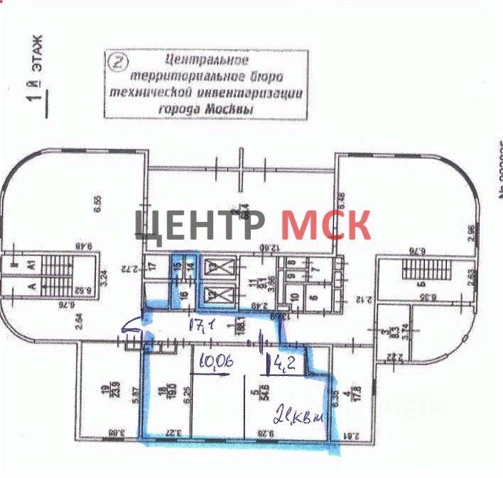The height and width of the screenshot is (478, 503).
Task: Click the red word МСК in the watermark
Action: pyautogui.click(x=325, y=224)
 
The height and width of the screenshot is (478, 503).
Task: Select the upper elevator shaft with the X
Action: pyautogui.click(x=213, y=269)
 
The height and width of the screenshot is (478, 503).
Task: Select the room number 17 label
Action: pyautogui.click(x=152, y=267)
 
